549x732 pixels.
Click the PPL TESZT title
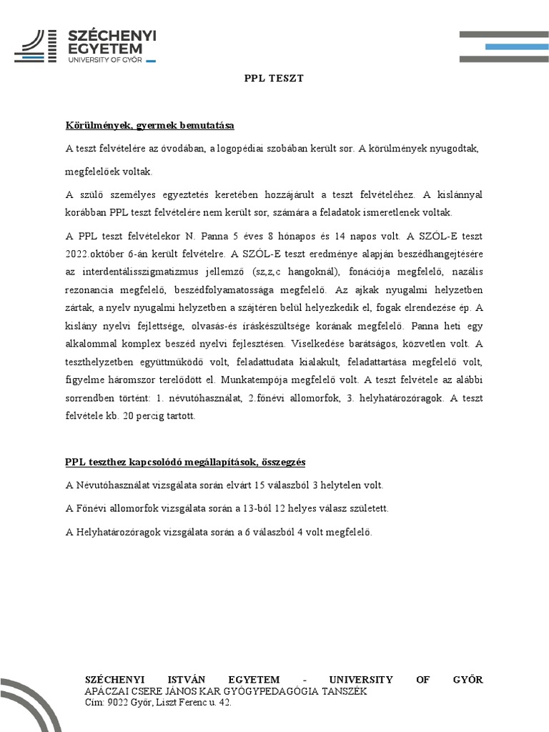tap(274, 78)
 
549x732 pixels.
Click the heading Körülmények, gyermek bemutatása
tap(150, 126)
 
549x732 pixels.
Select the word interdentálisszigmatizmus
tap(136, 272)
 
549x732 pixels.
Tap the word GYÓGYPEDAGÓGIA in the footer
tap(262, 691)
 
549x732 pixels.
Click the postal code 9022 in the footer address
tap(118, 703)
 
